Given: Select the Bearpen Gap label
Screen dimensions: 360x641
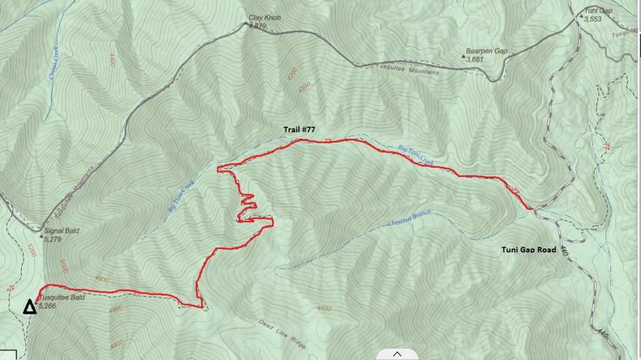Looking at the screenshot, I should (486, 51).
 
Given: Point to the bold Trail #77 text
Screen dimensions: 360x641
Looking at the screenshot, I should (299, 130).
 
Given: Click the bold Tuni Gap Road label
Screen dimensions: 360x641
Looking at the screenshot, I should (528, 250).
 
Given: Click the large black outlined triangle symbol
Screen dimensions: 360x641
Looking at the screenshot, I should (29, 307).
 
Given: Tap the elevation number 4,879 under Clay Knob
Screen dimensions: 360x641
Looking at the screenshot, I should (257, 26).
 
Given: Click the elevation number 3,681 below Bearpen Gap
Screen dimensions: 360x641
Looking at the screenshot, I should (475, 59).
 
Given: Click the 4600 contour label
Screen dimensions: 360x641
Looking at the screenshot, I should (323, 309).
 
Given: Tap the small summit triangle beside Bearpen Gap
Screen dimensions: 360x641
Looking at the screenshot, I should (464, 57).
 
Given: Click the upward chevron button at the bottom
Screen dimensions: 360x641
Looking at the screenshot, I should (397, 354).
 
